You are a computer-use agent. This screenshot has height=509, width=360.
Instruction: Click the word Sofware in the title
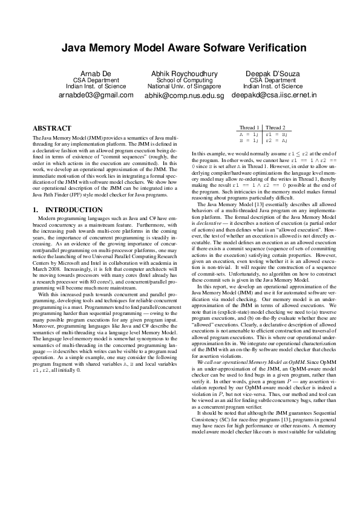click(x=216, y=48)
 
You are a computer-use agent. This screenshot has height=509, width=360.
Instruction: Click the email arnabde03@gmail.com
click(x=91, y=95)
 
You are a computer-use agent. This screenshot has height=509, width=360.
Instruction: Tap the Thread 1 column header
click(x=249, y=128)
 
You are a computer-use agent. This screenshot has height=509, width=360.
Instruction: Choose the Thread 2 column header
click(x=276, y=128)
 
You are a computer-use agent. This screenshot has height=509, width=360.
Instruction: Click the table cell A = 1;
click(x=249, y=134)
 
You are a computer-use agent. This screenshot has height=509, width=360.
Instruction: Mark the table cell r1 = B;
click(x=276, y=134)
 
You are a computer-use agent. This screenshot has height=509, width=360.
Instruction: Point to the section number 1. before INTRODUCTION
click(x=35, y=210)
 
